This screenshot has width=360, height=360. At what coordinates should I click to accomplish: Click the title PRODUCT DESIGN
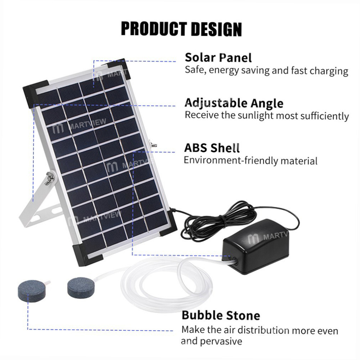[181, 28]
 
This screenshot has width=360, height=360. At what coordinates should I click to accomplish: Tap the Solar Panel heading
[218, 57]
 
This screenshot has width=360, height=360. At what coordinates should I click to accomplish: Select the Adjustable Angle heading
[234, 103]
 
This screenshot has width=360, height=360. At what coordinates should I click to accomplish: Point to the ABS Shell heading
[212, 148]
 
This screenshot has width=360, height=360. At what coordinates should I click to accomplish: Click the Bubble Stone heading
[221, 315]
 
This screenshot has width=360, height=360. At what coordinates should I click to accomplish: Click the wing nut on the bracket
[48, 178]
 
